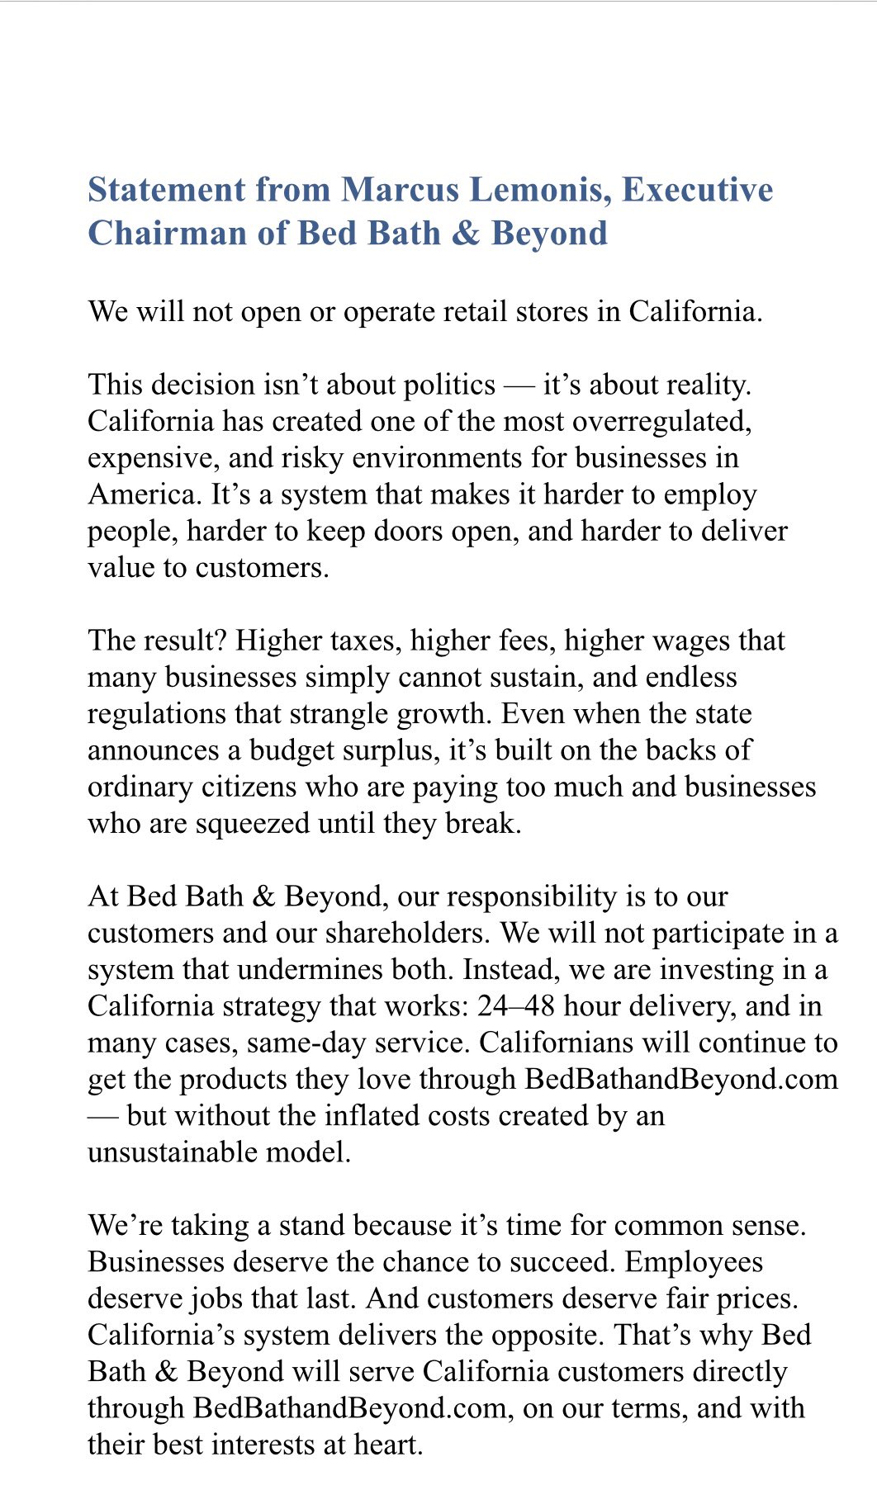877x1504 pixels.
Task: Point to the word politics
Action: [449, 385]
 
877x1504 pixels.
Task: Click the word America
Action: [145, 494]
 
